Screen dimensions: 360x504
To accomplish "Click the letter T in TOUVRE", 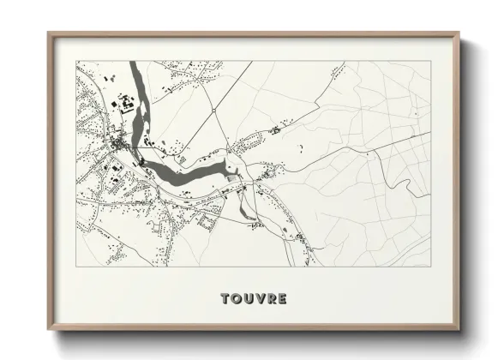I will coord(225,299).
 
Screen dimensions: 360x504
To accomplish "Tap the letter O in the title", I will coord(237,299).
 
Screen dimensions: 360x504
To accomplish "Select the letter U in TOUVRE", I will coord(250,299).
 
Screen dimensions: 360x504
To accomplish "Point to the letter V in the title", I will coord(262,299).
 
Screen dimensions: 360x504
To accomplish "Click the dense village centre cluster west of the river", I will coord(111,150).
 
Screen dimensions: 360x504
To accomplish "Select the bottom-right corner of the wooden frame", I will coord(460,331).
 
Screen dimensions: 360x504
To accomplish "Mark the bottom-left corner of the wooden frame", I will coord(48,331).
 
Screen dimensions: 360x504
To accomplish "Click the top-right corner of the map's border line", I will coord(430,62).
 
